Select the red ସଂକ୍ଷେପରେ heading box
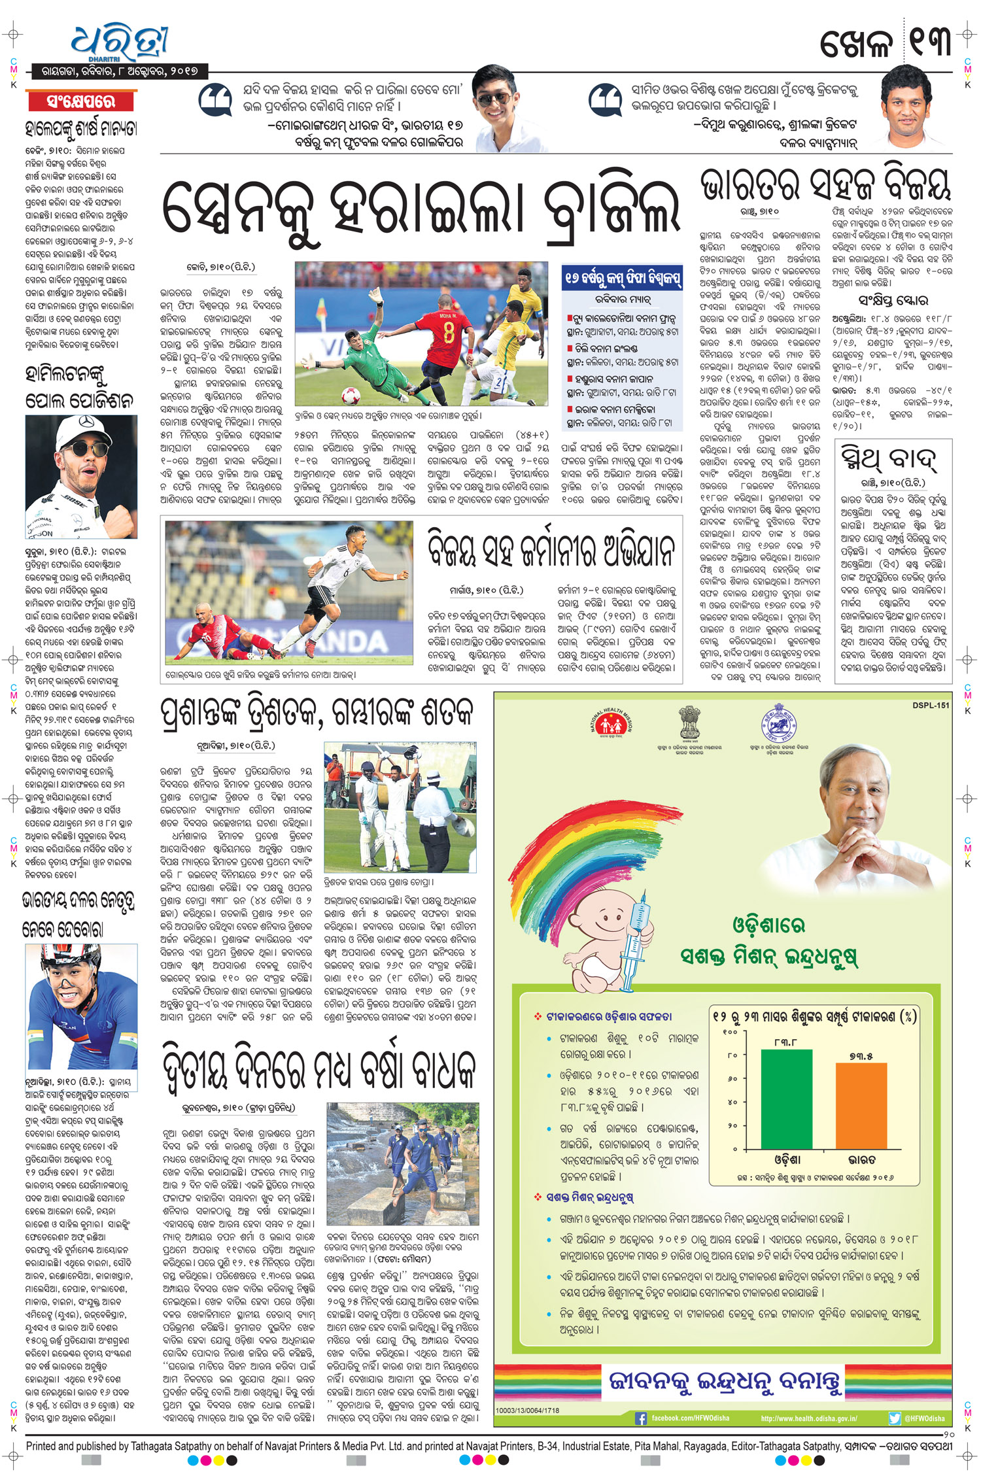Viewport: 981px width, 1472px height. [81, 101]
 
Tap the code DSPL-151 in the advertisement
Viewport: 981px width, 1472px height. [931, 705]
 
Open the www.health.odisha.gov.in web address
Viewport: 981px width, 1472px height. [808, 1418]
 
